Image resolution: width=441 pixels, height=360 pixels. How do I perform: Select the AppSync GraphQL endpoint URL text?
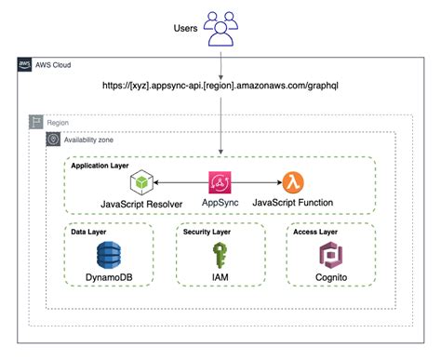[x=220, y=86]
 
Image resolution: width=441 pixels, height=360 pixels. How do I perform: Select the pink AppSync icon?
[x=221, y=180]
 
